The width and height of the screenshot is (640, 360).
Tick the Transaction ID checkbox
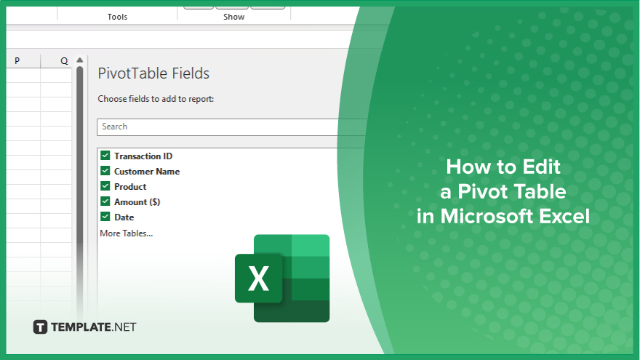pos(105,156)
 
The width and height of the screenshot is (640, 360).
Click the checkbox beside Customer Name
pos(105,171)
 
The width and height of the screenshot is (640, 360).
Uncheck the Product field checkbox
pos(105,186)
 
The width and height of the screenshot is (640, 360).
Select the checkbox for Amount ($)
pos(105,201)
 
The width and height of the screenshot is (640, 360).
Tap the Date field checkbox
pos(105,217)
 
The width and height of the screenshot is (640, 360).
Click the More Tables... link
pos(126,233)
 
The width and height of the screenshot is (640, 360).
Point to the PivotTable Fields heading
pos(153,73)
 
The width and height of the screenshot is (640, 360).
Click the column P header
pos(17,61)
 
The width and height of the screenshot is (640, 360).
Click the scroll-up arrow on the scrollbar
pos(79,60)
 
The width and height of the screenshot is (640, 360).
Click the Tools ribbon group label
pos(117,17)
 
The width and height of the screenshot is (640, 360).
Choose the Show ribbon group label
pos(234,17)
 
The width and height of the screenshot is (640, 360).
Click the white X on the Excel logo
pos(258,279)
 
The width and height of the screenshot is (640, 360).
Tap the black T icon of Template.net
pos(40,327)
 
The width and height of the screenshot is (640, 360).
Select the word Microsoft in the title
pos(487,216)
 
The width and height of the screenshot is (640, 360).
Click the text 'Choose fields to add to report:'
pos(156,99)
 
